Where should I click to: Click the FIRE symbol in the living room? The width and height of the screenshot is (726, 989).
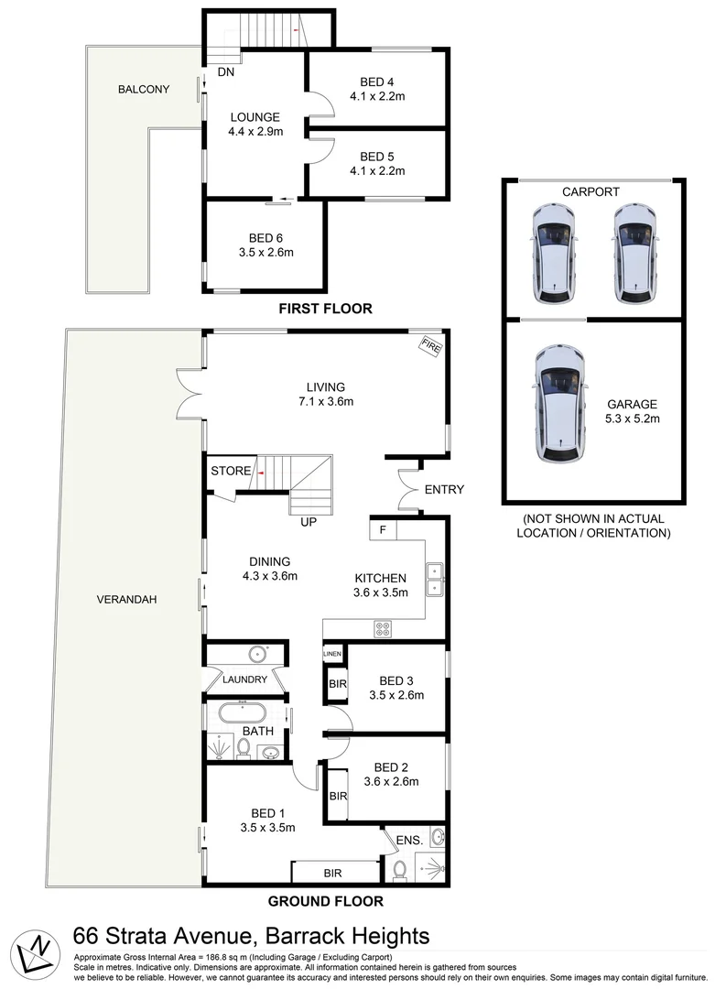(429, 345)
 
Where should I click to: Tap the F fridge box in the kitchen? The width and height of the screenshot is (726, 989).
(383, 529)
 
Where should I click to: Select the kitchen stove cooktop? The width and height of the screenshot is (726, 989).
(383, 629)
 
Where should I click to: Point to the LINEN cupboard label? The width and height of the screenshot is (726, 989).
(331, 654)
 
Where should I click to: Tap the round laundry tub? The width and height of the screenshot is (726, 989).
(258, 654)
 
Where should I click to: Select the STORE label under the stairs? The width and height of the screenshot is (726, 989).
(231, 472)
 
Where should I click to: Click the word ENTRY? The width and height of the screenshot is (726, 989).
(444, 490)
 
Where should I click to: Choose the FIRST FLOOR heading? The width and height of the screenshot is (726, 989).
(325, 309)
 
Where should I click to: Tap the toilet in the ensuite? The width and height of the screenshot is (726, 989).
(398, 867)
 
